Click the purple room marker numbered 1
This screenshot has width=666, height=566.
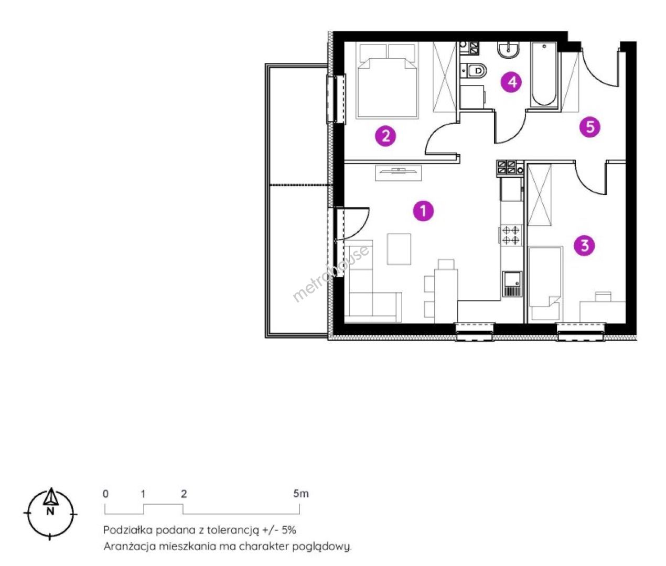[x=423, y=211]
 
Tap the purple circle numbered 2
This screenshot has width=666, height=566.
[x=385, y=136]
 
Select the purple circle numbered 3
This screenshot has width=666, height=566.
[x=585, y=246]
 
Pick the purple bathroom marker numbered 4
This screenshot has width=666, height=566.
[x=511, y=82]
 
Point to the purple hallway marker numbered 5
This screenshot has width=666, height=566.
[x=590, y=127]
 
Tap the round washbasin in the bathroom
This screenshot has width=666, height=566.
[x=509, y=50]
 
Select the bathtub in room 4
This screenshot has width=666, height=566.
[x=544, y=74]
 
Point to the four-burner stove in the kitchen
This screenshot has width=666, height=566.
[x=511, y=235]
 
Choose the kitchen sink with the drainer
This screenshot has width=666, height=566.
[x=512, y=284]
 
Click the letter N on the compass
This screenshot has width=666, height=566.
[x=50, y=511]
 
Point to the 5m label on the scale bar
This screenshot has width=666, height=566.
[x=300, y=494]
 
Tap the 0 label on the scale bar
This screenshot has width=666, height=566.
[x=106, y=494]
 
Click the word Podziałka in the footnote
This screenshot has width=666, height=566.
[x=128, y=530]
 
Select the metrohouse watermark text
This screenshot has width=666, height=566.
[x=330, y=274]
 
